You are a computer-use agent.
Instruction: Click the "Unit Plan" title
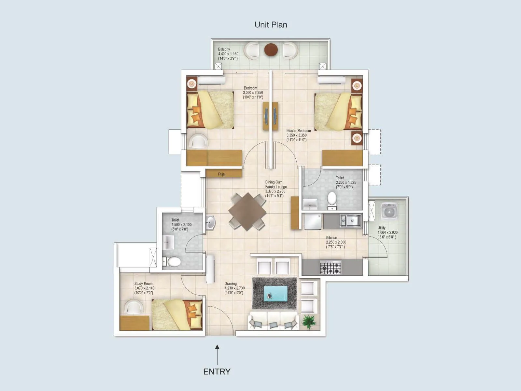tap(271, 25)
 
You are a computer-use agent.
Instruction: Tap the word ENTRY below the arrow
tap(217, 371)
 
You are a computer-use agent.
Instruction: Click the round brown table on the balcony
tap(271, 50)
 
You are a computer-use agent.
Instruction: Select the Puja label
tap(221, 174)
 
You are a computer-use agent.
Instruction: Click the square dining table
tap(247, 211)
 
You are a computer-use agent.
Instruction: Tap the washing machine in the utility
tap(388, 211)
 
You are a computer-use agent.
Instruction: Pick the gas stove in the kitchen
tap(331, 268)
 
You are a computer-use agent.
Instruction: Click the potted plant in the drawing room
tap(308, 322)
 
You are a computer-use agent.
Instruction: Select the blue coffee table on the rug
tap(275, 294)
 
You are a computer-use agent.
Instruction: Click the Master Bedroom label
tap(299, 131)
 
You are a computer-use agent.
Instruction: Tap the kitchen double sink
tap(350, 221)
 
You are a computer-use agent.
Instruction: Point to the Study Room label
tap(143, 283)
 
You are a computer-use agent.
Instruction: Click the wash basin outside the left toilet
tap(210, 223)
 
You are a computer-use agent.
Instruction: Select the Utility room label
tap(382, 228)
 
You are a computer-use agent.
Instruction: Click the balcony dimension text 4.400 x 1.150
tap(228, 54)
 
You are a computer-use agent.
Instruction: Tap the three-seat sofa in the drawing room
tap(274, 321)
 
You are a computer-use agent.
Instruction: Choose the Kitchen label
tap(331, 238)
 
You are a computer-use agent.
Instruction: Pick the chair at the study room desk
tap(134, 307)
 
